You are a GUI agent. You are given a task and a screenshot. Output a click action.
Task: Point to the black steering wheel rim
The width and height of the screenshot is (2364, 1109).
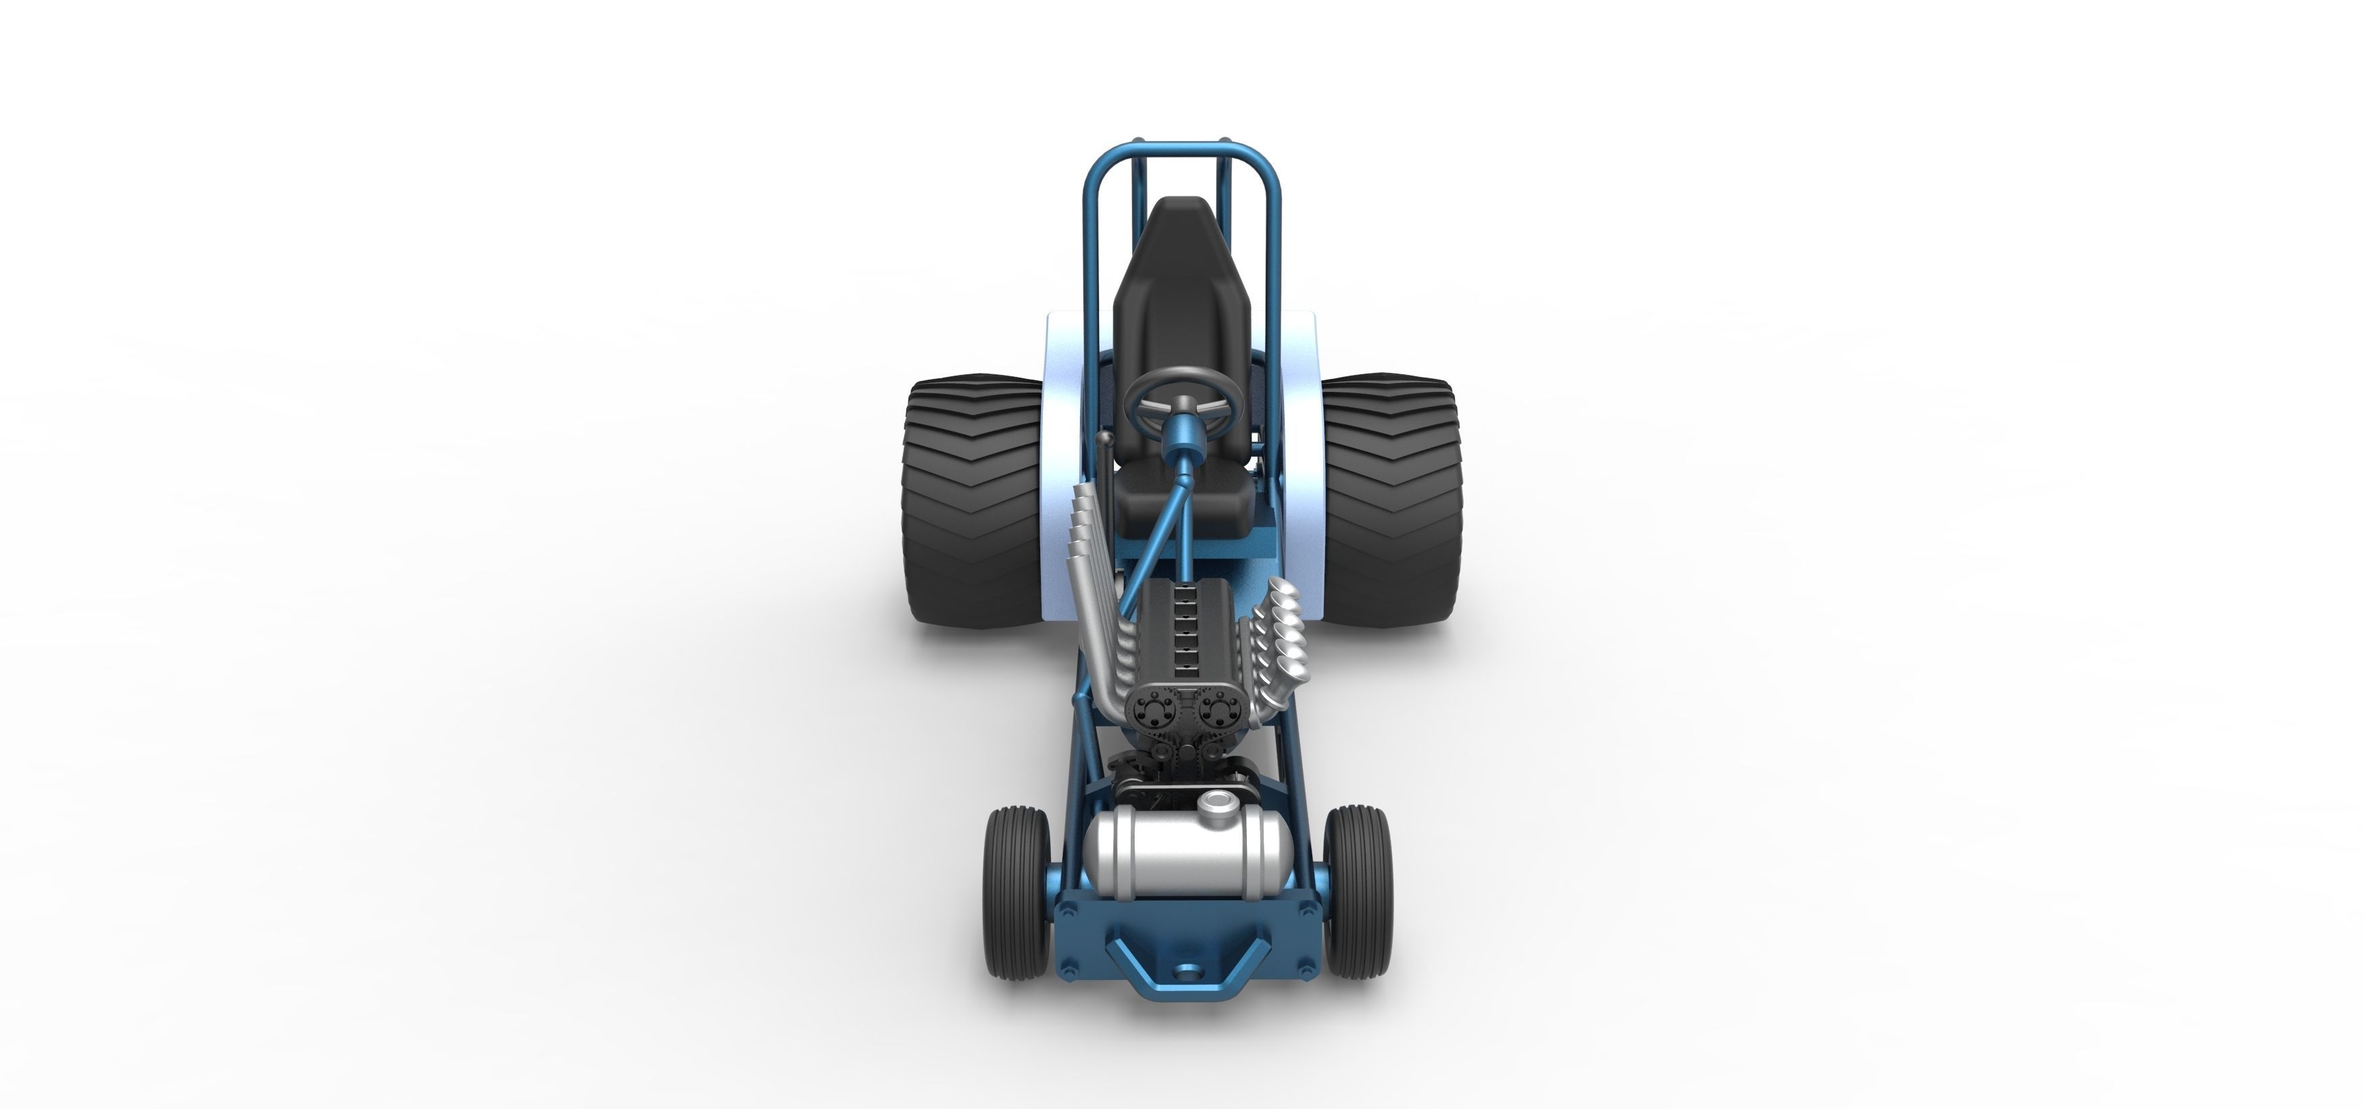click(1185, 372)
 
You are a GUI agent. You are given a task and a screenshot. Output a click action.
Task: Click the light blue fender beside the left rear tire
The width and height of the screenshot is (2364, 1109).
click(1064, 441)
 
